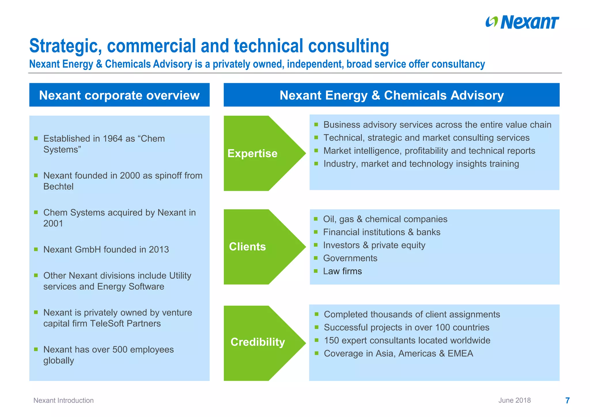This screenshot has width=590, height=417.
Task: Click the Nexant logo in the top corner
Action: (x=522, y=22)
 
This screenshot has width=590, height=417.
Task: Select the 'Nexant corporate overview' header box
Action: (x=119, y=95)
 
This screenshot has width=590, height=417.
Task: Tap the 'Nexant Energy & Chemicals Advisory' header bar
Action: (x=392, y=95)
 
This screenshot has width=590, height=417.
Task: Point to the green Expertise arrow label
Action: (x=252, y=153)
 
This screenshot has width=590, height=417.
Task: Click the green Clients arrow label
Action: (x=247, y=247)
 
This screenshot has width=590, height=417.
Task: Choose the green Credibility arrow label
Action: (x=258, y=342)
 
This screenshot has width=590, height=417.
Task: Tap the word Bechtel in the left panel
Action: (x=58, y=186)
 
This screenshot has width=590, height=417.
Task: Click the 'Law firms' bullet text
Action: (x=342, y=271)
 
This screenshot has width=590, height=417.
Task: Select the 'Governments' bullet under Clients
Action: (x=350, y=258)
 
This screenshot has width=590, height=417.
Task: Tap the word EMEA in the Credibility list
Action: (x=460, y=353)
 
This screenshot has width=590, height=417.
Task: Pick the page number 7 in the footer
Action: (x=567, y=400)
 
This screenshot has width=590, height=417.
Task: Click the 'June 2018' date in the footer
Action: (x=515, y=400)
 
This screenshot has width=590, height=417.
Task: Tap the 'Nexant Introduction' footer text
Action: (x=63, y=400)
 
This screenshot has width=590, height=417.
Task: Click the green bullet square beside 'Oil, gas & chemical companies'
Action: (x=316, y=219)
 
